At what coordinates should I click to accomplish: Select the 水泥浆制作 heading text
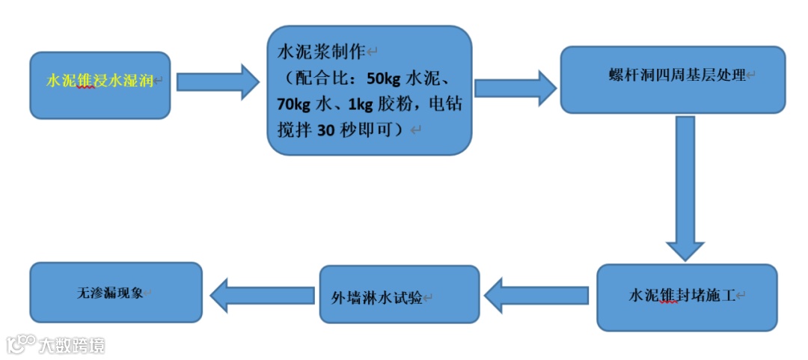[x=320, y=52]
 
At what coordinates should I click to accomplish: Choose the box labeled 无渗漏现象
[x=115, y=292]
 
